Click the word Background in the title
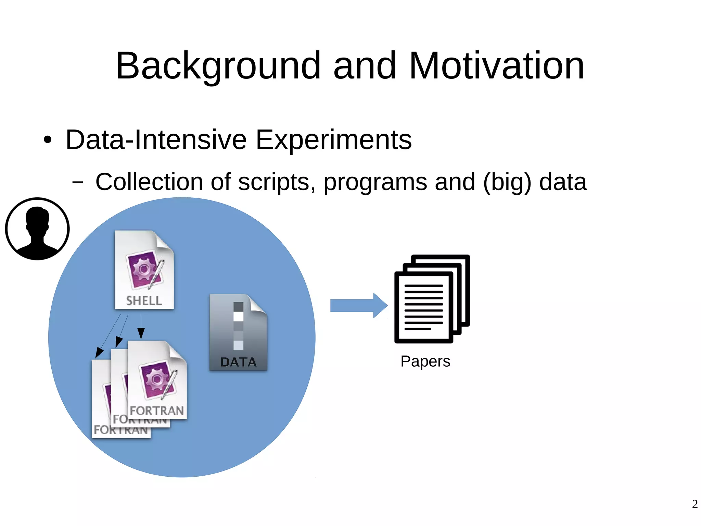tap(218, 66)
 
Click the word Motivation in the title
tap(496, 66)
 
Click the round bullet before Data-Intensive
tap(48, 140)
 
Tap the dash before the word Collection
tap(78, 182)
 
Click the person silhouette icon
tap(37, 229)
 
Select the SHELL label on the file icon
tap(144, 301)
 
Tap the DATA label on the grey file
tap(238, 362)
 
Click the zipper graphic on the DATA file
tap(238, 326)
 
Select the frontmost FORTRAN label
tap(157, 411)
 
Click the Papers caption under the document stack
tap(425, 362)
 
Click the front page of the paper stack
tap(423, 307)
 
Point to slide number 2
tap(694, 504)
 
